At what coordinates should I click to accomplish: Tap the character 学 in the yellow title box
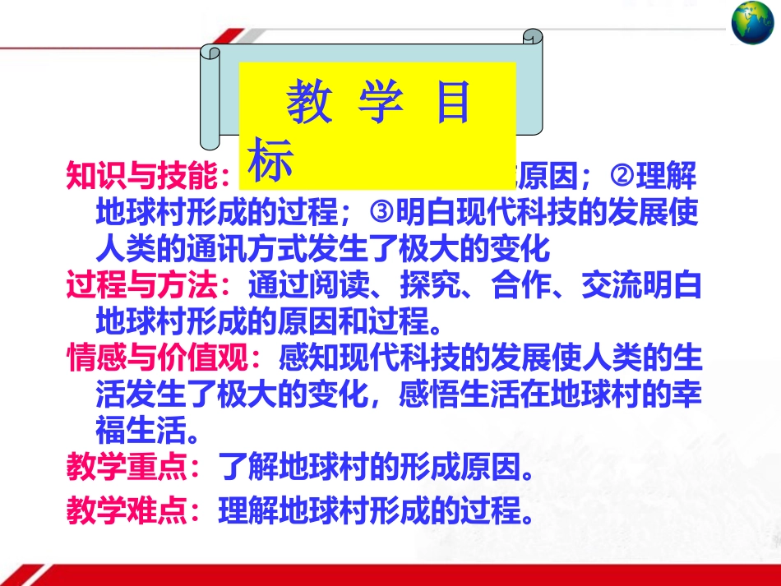click(x=381, y=104)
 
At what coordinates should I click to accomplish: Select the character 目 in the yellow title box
click(x=451, y=104)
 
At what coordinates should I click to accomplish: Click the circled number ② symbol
click(x=622, y=175)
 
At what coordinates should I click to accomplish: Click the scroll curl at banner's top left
click(x=211, y=53)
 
